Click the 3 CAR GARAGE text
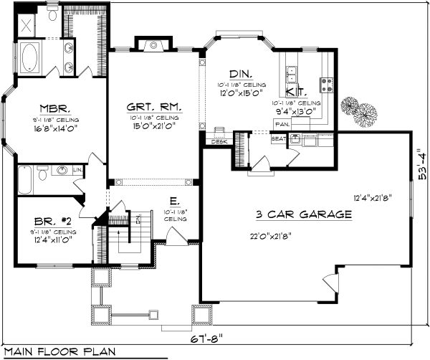coord(304,214)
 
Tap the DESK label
coord(218,142)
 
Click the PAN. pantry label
coord(282,123)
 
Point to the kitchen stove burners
coord(328,84)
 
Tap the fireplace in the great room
coord(153,45)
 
